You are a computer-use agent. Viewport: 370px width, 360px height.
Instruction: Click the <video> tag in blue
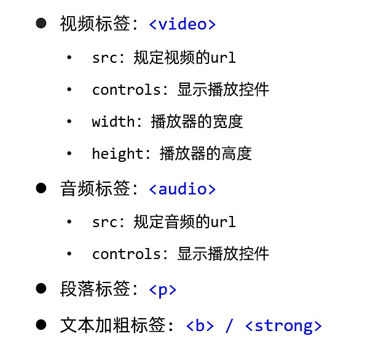click(x=182, y=25)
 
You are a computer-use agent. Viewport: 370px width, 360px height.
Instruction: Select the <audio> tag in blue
click(x=182, y=189)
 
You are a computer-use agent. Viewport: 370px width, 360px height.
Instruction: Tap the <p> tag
click(x=163, y=289)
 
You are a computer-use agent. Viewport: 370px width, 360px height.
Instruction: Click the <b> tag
click(x=200, y=326)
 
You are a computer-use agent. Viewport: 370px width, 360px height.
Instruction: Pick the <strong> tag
click(x=283, y=326)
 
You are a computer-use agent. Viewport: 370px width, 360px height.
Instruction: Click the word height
click(x=117, y=153)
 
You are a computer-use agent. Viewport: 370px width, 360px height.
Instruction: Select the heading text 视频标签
click(x=95, y=25)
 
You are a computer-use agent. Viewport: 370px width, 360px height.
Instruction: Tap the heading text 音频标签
click(x=95, y=189)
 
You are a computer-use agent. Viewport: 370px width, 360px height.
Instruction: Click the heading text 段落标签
click(x=95, y=289)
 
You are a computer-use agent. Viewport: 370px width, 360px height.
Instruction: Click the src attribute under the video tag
click(x=104, y=58)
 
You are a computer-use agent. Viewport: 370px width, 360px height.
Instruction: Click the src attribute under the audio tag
click(x=104, y=222)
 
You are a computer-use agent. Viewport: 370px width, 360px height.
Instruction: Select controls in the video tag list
click(x=126, y=90)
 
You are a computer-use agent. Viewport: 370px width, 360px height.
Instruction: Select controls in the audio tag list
click(x=126, y=254)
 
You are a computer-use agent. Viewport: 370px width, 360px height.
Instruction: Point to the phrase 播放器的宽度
click(x=197, y=121)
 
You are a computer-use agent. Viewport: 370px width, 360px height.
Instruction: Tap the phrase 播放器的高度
click(x=205, y=153)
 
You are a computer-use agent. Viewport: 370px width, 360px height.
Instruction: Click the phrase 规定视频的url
click(x=184, y=58)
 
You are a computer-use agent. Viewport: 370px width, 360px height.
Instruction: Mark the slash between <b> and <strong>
click(x=229, y=326)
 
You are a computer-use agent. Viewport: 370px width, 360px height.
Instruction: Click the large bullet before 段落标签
click(x=41, y=289)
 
